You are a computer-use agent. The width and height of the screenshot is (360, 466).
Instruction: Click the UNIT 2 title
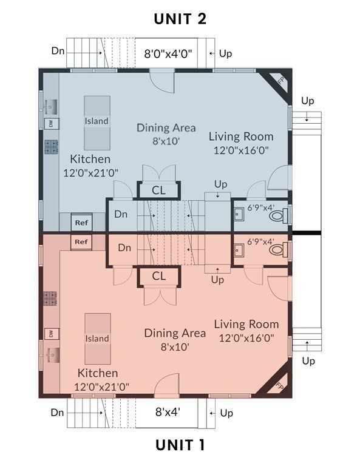180,19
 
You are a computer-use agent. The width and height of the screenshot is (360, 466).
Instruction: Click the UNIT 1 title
180,445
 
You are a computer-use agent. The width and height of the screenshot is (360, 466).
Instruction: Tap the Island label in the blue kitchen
97,121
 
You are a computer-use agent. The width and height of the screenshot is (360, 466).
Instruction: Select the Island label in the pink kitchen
97,339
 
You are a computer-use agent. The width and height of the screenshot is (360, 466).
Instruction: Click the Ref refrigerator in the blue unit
81,223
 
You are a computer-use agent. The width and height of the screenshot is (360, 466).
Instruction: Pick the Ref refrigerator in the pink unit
81,242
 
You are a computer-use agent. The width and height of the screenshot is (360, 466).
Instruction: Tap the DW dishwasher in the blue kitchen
52,124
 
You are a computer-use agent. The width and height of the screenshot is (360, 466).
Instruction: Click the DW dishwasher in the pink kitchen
52,334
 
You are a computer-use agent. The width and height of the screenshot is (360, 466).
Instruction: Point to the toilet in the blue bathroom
279,215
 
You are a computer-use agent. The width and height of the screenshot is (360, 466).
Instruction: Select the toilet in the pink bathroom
279,249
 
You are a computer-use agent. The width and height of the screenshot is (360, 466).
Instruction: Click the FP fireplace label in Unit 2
281,80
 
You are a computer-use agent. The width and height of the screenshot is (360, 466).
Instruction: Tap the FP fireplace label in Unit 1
279,386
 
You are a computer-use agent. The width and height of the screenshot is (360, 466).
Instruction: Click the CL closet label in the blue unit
158,191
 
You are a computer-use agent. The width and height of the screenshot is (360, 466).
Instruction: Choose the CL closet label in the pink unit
158,276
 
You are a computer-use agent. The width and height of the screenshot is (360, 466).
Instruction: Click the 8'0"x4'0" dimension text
168,54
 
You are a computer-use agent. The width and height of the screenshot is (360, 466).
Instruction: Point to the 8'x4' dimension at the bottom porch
168,412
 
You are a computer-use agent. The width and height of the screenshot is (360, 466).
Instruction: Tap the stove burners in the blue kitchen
51,147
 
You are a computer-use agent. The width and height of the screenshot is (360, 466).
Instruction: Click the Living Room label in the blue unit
241,137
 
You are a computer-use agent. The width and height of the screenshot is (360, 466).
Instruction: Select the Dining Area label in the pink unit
175,333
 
